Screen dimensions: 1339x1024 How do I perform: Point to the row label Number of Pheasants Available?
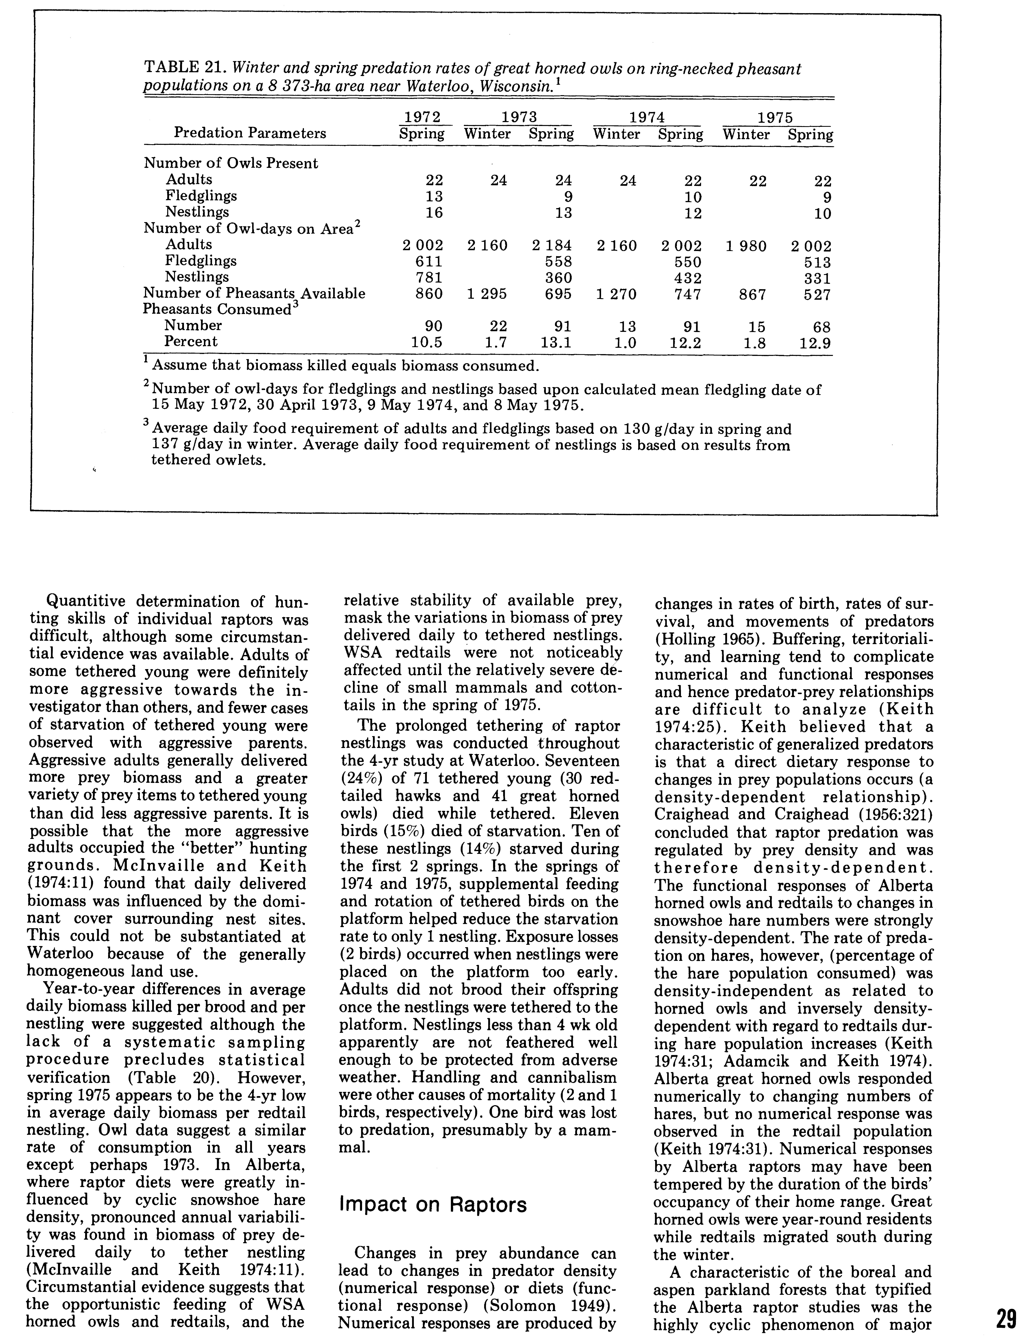pos(254,294)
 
